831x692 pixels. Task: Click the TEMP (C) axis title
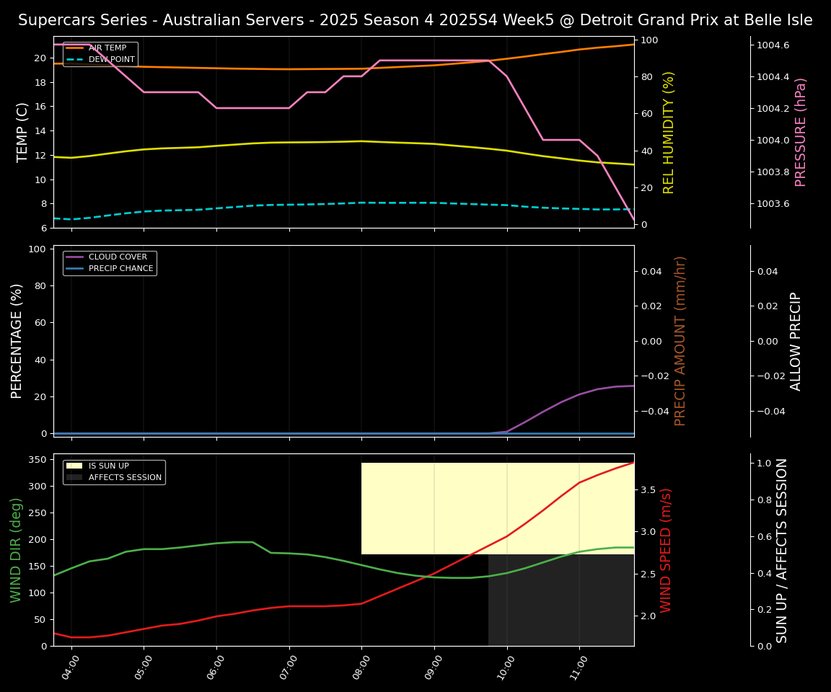[23, 132]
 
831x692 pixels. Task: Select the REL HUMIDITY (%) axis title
[669, 132]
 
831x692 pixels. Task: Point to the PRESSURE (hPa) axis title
[801, 132]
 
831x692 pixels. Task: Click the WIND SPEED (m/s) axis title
[666, 550]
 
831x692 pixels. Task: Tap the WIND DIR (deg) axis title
[16, 550]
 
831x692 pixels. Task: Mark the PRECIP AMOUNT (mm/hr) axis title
[680, 341]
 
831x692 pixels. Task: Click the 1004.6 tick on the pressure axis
[773, 45]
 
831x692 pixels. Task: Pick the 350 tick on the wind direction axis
[40, 459]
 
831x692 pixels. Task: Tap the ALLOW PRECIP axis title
[796, 341]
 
